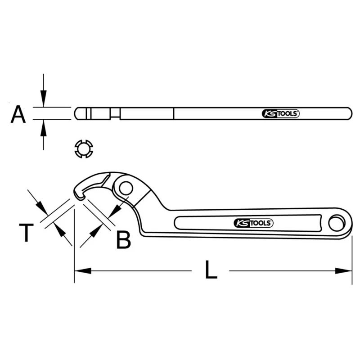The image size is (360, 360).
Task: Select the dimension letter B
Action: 123,240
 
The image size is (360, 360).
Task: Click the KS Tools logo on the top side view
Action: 280,114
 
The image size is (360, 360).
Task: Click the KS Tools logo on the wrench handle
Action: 253,223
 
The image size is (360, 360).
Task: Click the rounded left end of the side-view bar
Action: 77,113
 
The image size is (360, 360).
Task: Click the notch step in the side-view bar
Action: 115,116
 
